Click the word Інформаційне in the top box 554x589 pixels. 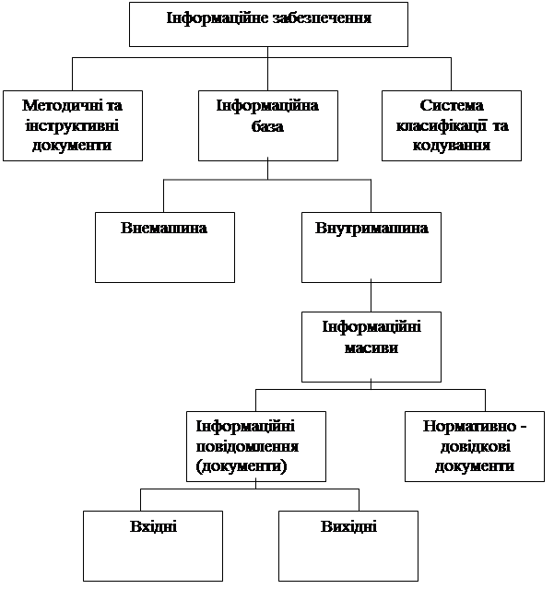(x=218, y=18)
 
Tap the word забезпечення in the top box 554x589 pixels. (x=323, y=18)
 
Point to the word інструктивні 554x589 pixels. (x=72, y=126)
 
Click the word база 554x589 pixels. (x=267, y=126)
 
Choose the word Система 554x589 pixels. (x=452, y=106)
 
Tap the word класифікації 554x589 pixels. (x=442, y=125)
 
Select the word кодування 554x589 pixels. (x=452, y=146)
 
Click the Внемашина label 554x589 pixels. (x=164, y=228)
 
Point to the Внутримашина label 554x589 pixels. (x=371, y=228)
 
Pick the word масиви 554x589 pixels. (x=371, y=348)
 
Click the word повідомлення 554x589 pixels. (x=248, y=447)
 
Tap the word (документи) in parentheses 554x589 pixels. (x=242, y=466)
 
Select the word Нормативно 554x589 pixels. (x=469, y=427)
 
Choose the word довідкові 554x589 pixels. (x=475, y=447)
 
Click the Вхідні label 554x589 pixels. (x=153, y=526)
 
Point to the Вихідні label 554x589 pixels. (x=348, y=526)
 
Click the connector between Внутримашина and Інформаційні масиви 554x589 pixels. (x=371, y=297)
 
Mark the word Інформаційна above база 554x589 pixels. (x=267, y=106)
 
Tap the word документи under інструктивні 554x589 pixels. (x=72, y=146)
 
